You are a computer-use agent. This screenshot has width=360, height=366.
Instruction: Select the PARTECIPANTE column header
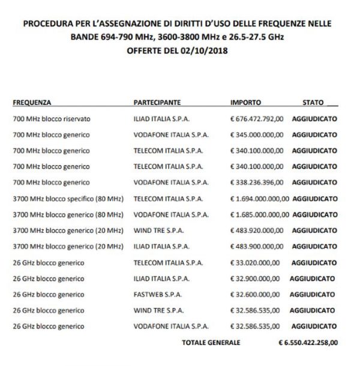(157, 103)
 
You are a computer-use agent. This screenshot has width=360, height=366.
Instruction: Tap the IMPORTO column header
(245, 103)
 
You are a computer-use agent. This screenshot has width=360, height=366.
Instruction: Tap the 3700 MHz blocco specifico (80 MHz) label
(67, 197)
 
